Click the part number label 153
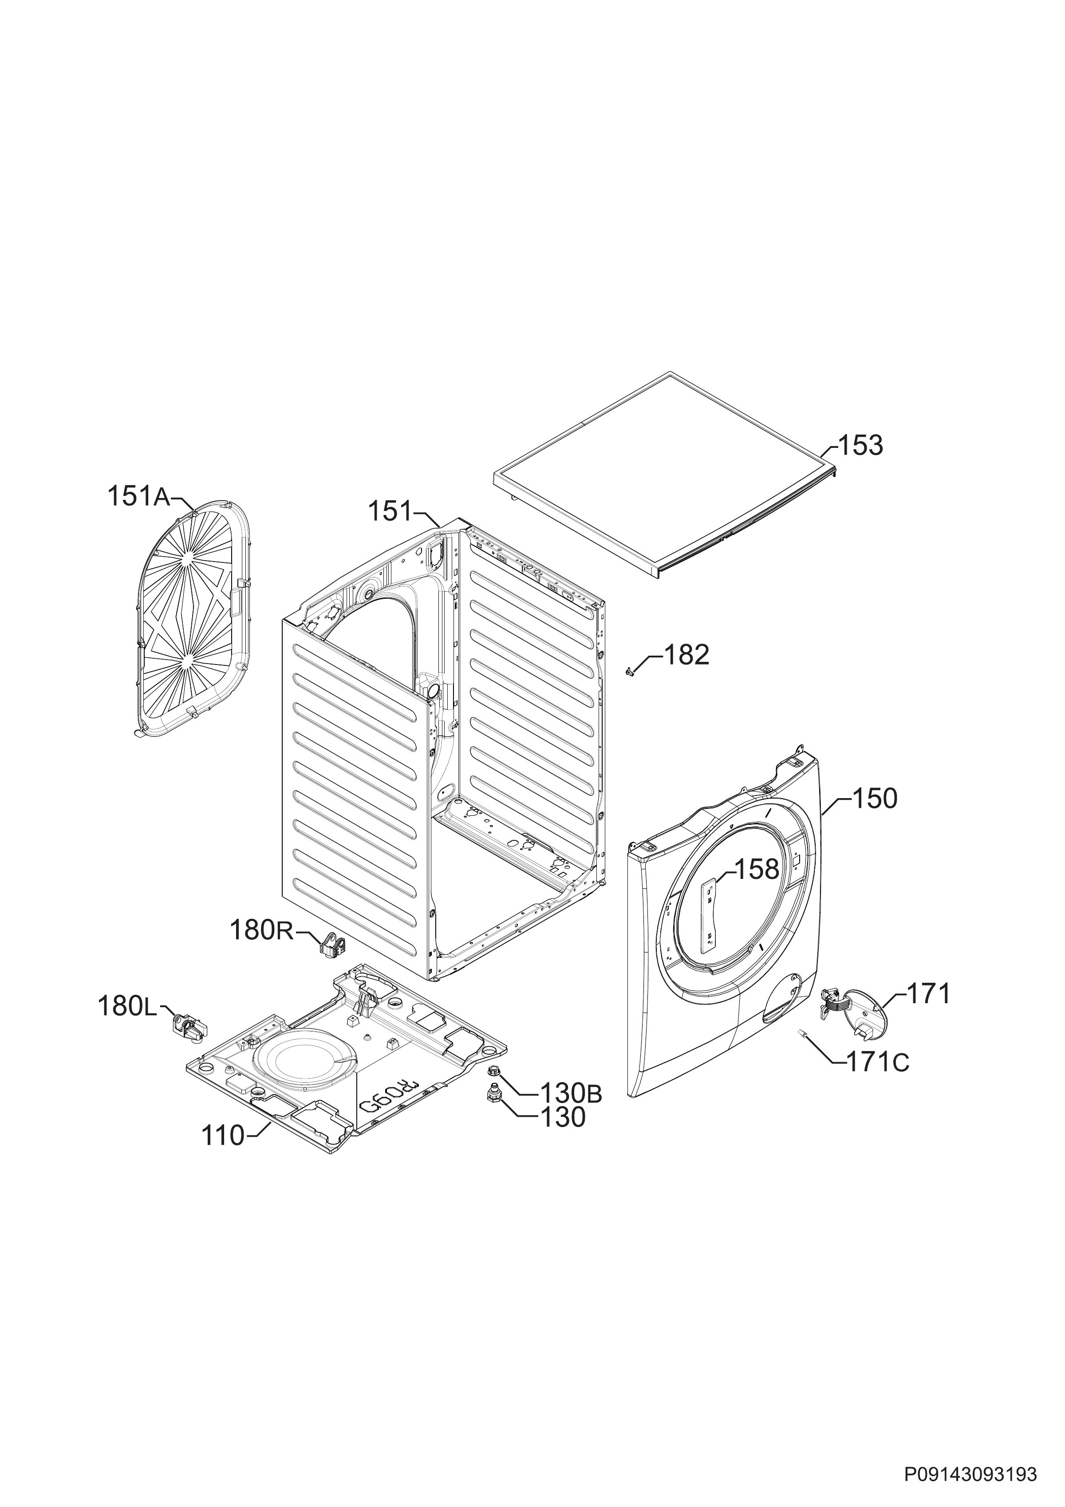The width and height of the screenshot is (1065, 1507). pyautogui.click(x=862, y=446)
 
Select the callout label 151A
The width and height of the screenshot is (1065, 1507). pyautogui.click(x=138, y=497)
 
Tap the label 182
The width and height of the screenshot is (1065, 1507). pyautogui.click(x=687, y=655)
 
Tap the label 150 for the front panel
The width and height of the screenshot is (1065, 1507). pyautogui.click(x=875, y=799)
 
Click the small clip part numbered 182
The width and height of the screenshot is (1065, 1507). pyautogui.click(x=629, y=670)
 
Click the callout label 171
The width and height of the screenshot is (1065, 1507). pyautogui.click(x=928, y=994)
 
